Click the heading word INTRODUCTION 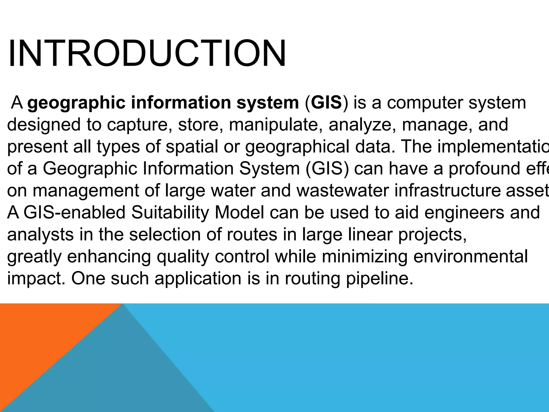147,53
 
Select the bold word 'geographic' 76,103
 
